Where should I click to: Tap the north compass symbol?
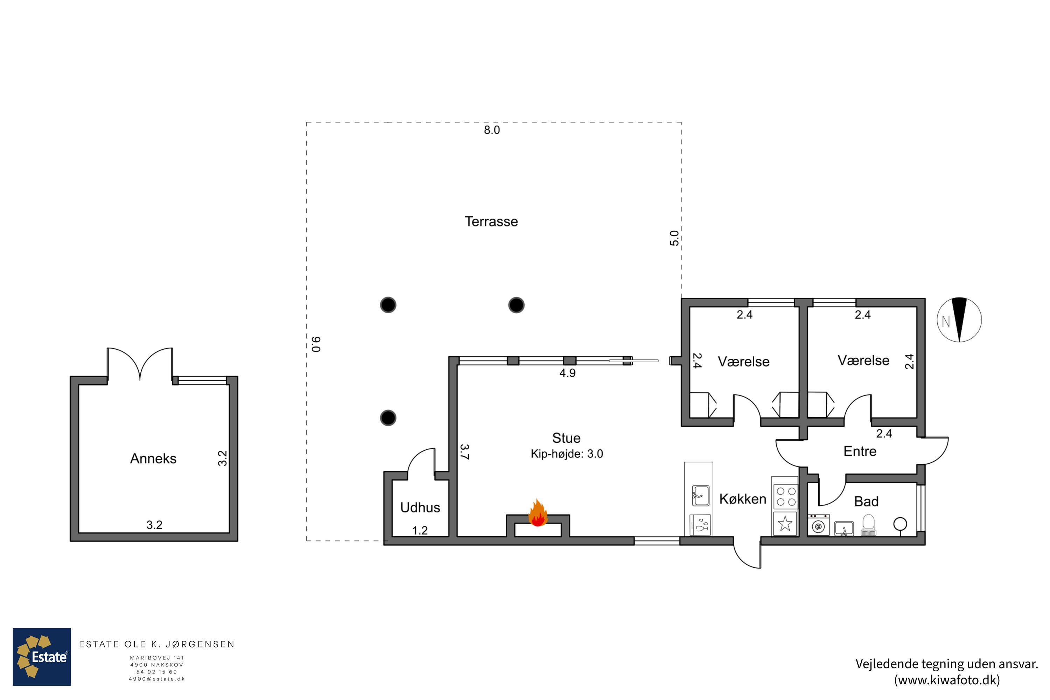(x=959, y=320)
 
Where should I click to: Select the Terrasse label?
(x=491, y=222)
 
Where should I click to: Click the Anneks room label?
(x=153, y=458)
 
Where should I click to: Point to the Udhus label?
(x=420, y=507)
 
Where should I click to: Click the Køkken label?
(x=743, y=499)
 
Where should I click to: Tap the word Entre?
(x=860, y=451)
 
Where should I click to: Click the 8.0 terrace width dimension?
(x=492, y=130)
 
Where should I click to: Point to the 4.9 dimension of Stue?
(x=567, y=373)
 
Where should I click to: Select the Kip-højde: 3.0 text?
(x=567, y=454)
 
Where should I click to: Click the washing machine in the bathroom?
(x=818, y=525)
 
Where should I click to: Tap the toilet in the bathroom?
(x=868, y=525)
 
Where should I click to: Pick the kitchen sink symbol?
(x=700, y=496)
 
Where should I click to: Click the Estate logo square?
(x=42, y=657)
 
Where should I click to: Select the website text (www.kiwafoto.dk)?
(x=946, y=680)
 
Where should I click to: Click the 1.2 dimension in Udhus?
(x=420, y=530)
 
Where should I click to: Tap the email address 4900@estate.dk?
(x=157, y=679)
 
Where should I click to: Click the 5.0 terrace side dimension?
(x=674, y=238)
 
